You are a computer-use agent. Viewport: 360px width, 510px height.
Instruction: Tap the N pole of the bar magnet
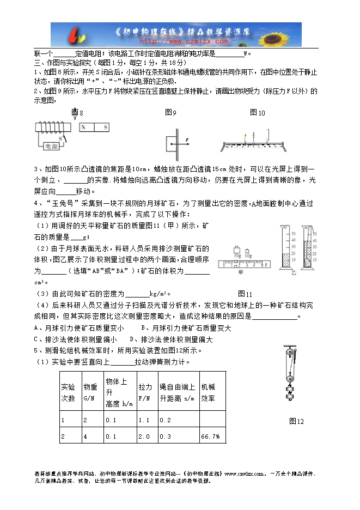(84, 127)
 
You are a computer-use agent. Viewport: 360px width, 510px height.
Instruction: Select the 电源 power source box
(52, 146)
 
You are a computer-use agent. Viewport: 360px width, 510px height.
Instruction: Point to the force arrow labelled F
(182, 141)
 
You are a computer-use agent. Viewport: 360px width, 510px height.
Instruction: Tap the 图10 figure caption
(257, 113)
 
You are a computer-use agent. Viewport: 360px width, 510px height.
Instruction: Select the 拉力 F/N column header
(145, 392)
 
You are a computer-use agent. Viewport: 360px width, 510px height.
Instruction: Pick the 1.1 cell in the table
(144, 420)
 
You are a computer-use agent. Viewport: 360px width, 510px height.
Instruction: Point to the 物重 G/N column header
(90, 392)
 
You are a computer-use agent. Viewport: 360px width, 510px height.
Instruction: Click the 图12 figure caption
(296, 421)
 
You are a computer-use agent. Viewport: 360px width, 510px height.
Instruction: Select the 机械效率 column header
(208, 392)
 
